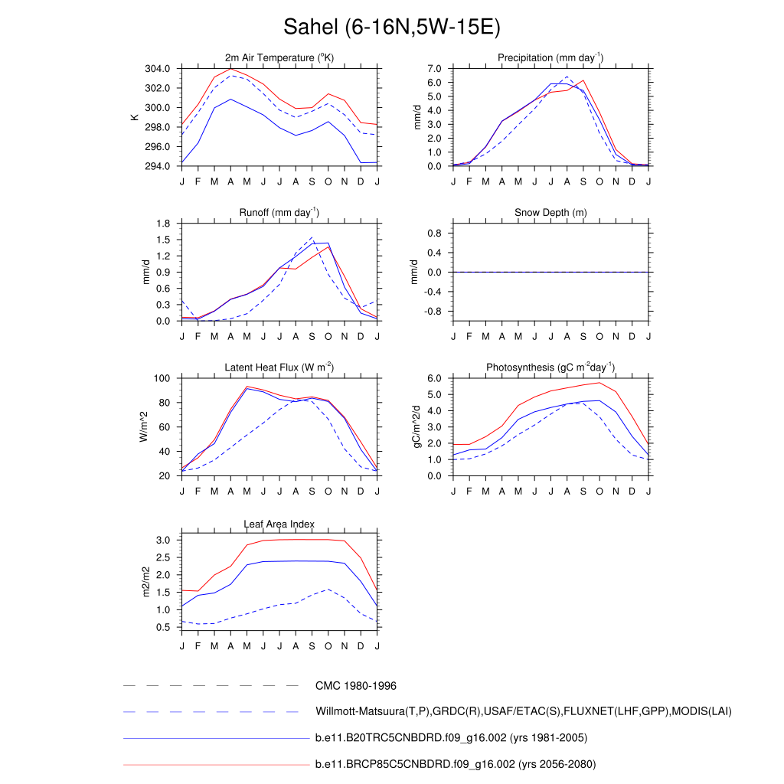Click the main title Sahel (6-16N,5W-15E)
[x=391, y=28]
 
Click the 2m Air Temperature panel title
[x=279, y=58]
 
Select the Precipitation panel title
[x=550, y=58]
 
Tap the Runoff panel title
[x=279, y=212]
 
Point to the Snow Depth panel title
[x=550, y=212]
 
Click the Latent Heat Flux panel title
[x=279, y=367]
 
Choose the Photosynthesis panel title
[x=550, y=367]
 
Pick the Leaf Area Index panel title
[x=279, y=524]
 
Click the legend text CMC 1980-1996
[x=355, y=686]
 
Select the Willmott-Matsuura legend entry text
[x=523, y=712]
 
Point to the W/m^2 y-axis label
[x=143, y=426]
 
